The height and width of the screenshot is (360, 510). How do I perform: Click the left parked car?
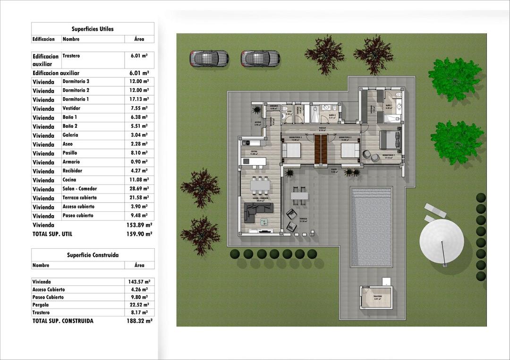(209, 59)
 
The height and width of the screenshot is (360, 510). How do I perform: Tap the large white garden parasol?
(442, 240)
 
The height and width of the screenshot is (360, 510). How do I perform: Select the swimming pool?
(372, 226)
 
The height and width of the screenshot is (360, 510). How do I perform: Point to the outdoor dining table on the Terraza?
(298, 194)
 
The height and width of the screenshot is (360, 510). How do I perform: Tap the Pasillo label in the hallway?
(322, 127)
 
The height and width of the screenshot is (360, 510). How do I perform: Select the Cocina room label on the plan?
(254, 151)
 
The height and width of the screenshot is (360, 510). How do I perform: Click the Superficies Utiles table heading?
(93, 29)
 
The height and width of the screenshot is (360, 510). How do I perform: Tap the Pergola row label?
(41, 305)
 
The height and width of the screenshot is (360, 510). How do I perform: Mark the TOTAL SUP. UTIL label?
(52, 234)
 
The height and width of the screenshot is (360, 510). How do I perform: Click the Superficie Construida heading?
(93, 255)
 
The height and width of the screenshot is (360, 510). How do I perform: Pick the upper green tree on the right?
(454, 79)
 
